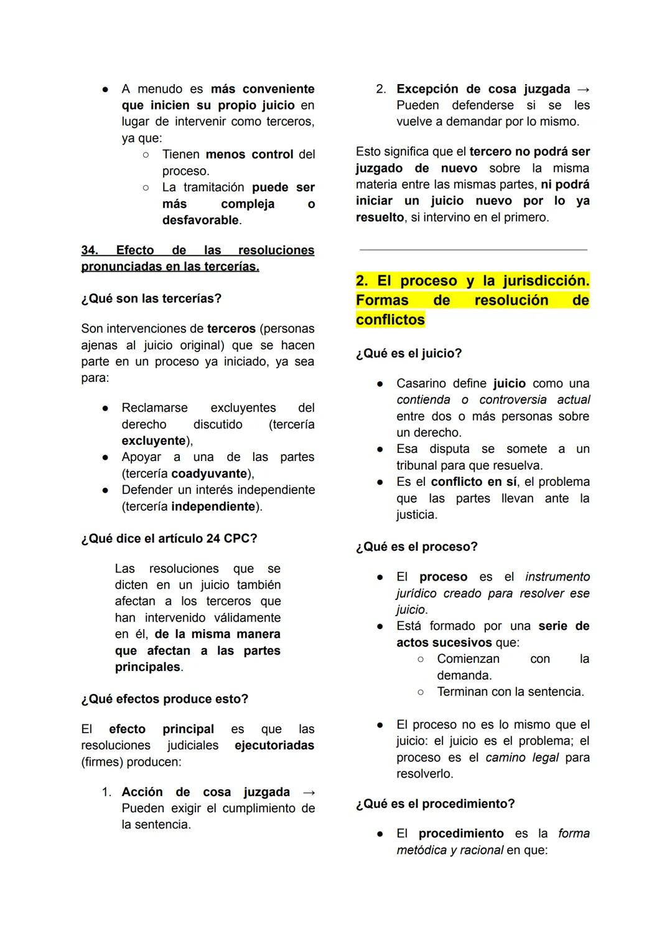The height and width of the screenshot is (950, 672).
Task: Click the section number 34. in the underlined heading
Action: pyautogui.click(x=90, y=250)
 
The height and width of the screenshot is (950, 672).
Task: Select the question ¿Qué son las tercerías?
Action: pyautogui.click(x=151, y=298)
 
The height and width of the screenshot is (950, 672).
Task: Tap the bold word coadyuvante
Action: pyautogui.click(x=209, y=473)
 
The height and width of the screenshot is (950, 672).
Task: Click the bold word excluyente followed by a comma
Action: pyautogui.click(x=154, y=440)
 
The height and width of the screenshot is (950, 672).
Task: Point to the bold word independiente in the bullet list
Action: pyautogui.click(x=213, y=506)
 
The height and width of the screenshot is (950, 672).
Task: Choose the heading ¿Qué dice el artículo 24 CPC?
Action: pyautogui.click(x=169, y=538)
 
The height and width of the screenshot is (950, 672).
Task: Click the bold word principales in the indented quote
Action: pyautogui.click(x=147, y=667)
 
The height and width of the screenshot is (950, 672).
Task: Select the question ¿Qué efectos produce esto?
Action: pyautogui.click(x=165, y=699)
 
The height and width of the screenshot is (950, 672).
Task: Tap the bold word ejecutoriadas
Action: pyautogui.click(x=274, y=745)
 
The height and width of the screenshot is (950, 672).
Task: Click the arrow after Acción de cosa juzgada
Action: pyautogui.click(x=308, y=792)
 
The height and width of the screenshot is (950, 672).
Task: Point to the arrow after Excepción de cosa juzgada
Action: pyautogui.click(x=583, y=89)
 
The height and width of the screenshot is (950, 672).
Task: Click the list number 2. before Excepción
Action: pyautogui.click(x=381, y=89)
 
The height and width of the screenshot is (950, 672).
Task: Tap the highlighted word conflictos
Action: pyautogui.click(x=390, y=320)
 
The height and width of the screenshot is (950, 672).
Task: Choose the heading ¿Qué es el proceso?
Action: pyautogui.click(x=417, y=546)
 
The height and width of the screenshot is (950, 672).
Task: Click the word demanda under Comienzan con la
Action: pyautogui.click(x=464, y=675)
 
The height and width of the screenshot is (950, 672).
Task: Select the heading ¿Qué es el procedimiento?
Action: pyautogui.click(x=436, y=804)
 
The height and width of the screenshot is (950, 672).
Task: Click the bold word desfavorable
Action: pyautogui.click(x=200, y=220)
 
